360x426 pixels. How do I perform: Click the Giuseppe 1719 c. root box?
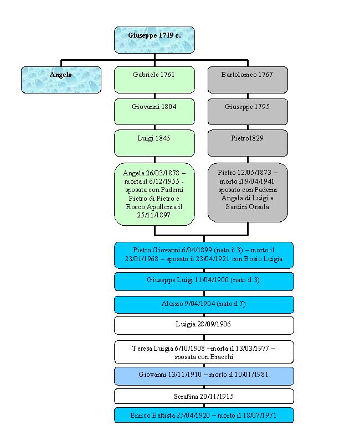click(x=155, y=40)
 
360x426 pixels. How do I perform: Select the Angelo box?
click(x=61, y=80)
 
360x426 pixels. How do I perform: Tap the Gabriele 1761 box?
click(x=155, y=80)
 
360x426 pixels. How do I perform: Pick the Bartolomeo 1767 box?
click(x=248, y=80)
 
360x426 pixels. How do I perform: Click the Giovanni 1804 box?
click(x=155, y=111)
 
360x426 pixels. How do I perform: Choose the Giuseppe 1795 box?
click(x=248, y=111)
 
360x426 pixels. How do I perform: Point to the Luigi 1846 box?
click(x=155, y=143)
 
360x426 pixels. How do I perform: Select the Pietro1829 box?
click(x=248, y=143)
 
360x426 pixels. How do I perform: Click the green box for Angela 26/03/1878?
click(x=155, y=194)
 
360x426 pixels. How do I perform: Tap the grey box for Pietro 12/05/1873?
click(x=248, y=192)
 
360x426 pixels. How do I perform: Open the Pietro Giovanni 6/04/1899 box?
click(x=204, y=255)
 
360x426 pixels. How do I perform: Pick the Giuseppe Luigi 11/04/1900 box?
click(x=204, y=281)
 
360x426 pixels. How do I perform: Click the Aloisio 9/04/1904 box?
click(x=204, y=305)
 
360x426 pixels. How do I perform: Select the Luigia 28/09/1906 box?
click(x=204, y=325)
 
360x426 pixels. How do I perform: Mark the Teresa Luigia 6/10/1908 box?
click(x=204, y=352)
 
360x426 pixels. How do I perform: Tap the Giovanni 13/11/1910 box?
click(x=204, y=376)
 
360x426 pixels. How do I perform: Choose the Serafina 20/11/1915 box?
click(x=204, y=396)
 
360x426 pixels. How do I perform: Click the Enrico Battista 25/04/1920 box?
click(x=204, y=415)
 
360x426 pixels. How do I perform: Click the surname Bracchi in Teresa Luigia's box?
click(x=221, y=357)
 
